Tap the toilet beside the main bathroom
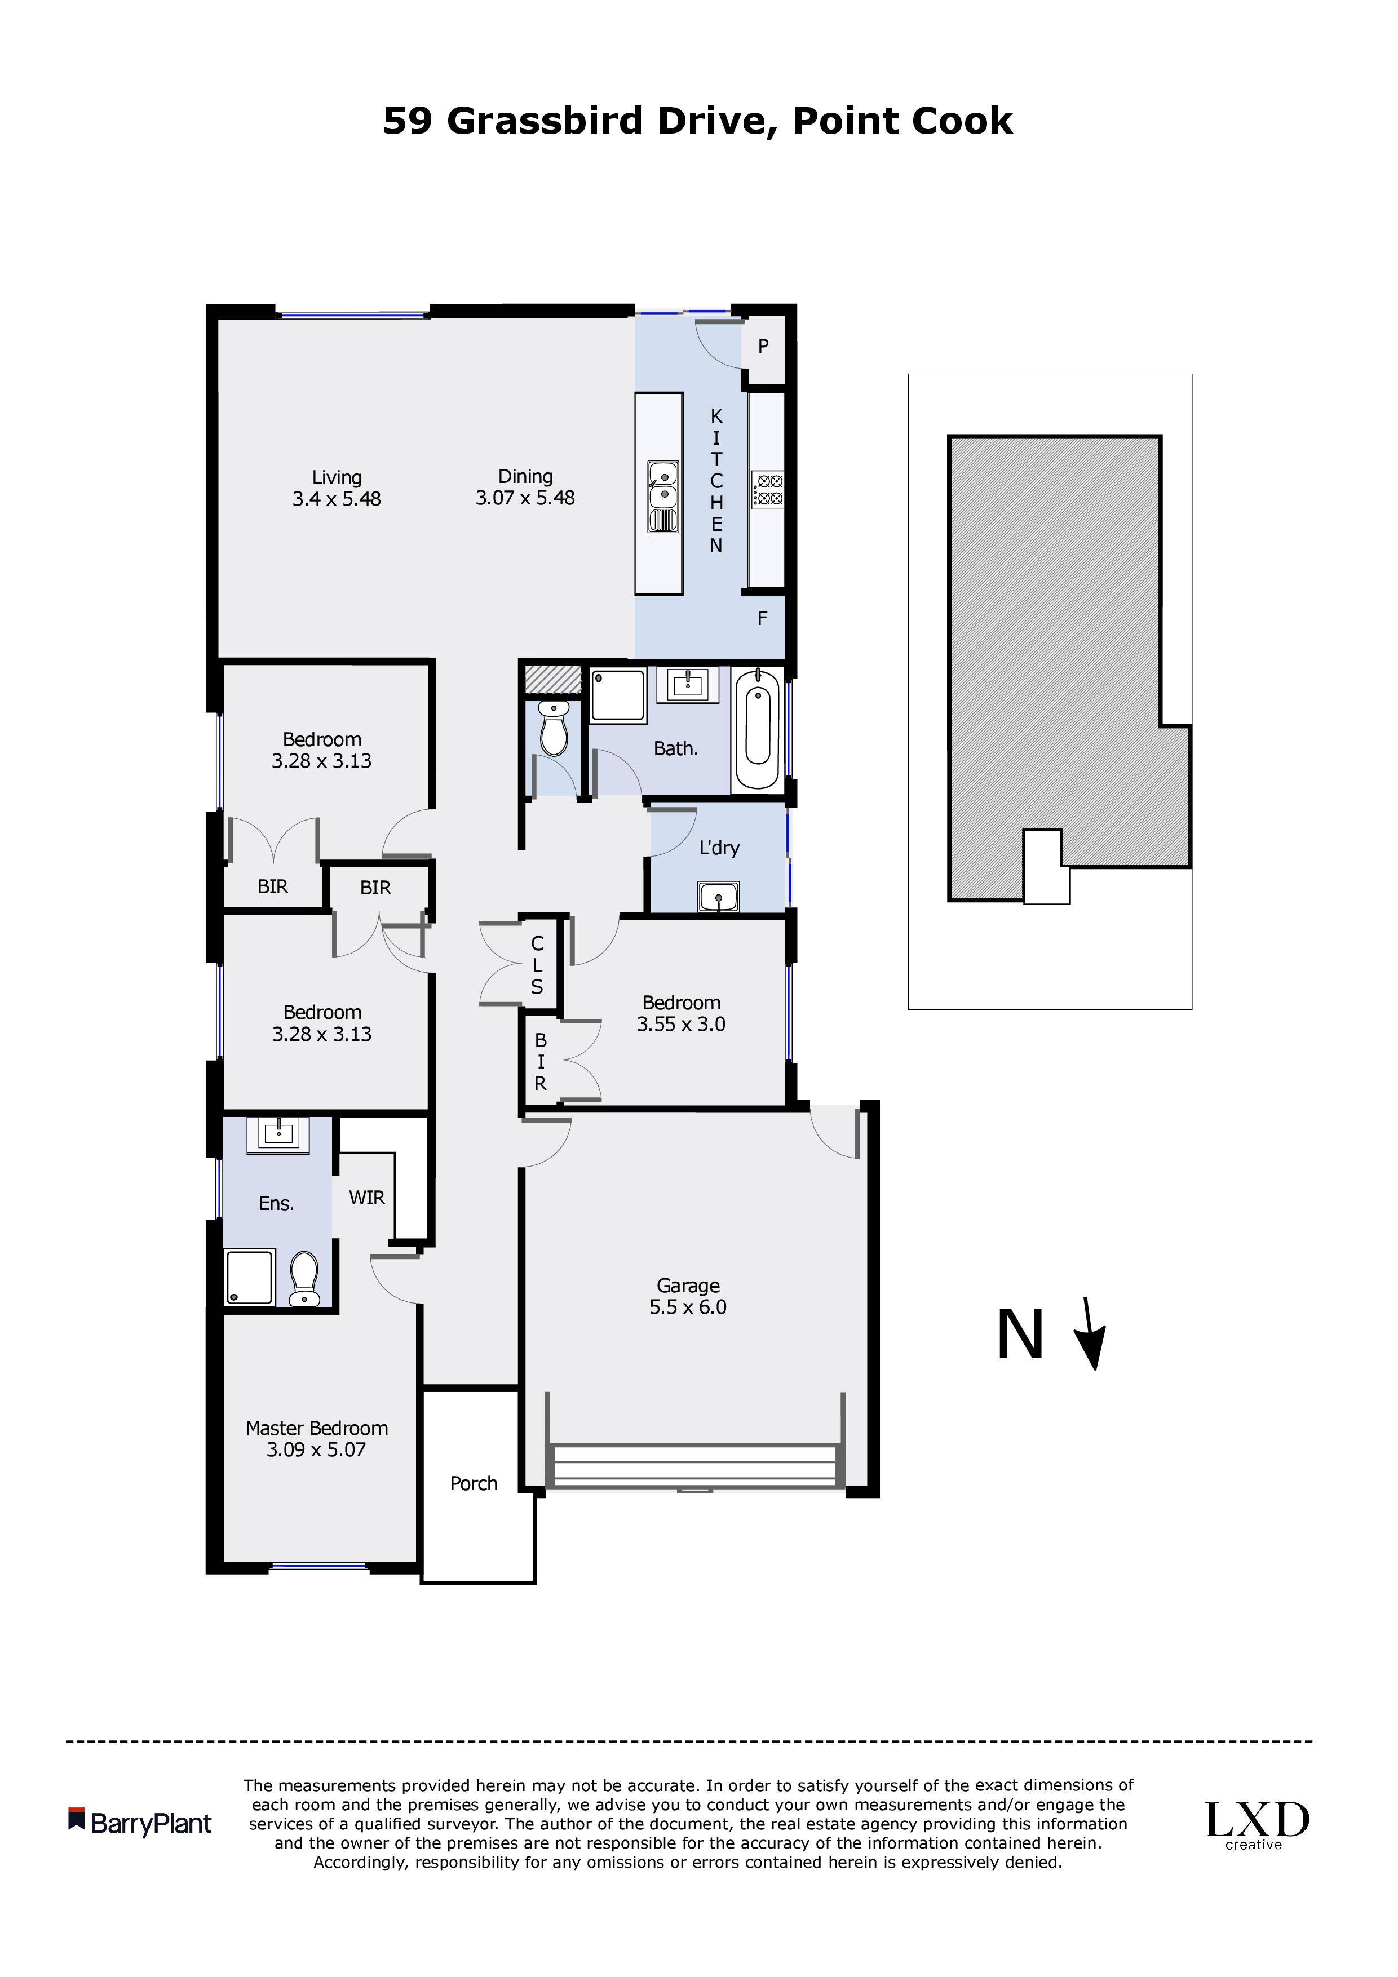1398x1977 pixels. click(552, 728)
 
